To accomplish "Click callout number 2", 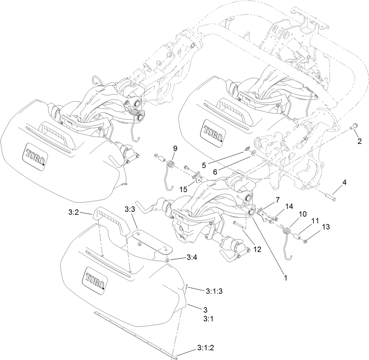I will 360,141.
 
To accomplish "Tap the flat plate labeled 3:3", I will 151,241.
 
